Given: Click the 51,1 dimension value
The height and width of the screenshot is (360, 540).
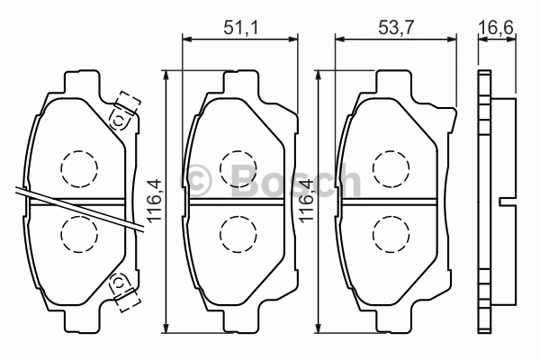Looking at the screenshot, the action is (x=240, y=28).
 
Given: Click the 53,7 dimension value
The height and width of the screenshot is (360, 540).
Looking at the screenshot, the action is (x=395, y=28).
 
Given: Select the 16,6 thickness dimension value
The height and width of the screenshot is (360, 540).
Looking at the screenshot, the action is (x=496, y=28).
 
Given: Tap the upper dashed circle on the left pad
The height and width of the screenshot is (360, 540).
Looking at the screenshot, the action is (x=79, y=169).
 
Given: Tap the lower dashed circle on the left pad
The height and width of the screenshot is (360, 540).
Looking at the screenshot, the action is (x=79, y=235).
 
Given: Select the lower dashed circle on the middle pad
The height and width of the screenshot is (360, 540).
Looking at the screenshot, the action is (x=238, y=235).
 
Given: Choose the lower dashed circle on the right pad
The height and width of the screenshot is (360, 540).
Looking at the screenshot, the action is (x=391, y=235).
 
